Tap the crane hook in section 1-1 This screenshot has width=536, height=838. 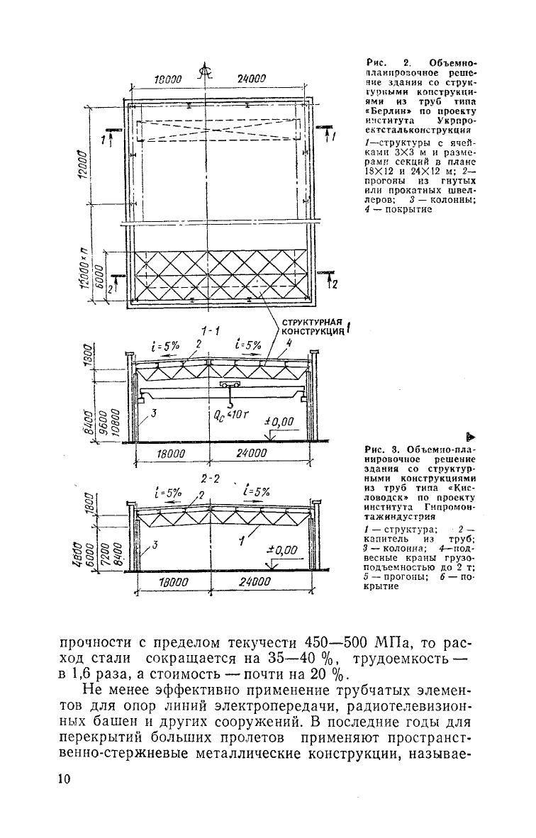click(229, 395)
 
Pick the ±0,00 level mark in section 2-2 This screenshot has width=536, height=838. click(281, 550)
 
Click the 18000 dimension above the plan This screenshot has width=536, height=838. click(169, 80)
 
